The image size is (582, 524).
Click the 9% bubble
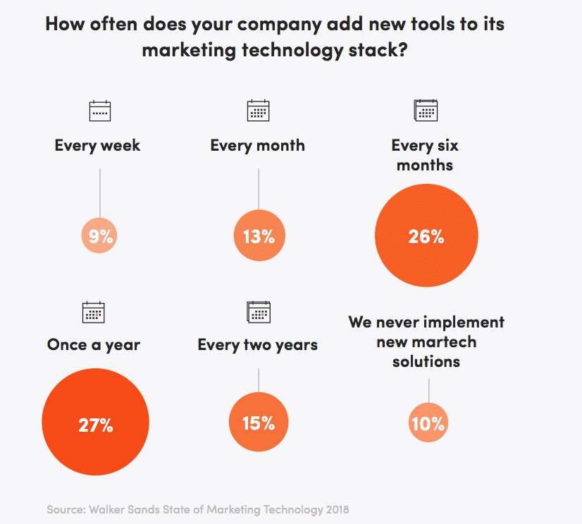point(99,236)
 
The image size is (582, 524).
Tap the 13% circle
point(259,235)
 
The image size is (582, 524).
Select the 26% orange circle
point(426,235)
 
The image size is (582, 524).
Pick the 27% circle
point(95,422)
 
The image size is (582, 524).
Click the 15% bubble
point(259,422)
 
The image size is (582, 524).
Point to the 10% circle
point(428,423)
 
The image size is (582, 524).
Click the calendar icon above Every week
point(100,111)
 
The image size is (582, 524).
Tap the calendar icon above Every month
point(259,111)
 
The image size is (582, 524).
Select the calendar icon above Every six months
point(426,110)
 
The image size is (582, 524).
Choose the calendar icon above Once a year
point(93,312)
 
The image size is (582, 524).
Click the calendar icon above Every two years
point(259,312)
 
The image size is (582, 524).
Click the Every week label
point(98,146)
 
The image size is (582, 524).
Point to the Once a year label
point(94,345)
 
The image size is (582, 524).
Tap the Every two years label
point(258,345)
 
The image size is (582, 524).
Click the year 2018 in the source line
point(338,509)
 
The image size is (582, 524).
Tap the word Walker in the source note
point(106,509)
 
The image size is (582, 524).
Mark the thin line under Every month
point(259,189)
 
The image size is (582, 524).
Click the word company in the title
point(279,25)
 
